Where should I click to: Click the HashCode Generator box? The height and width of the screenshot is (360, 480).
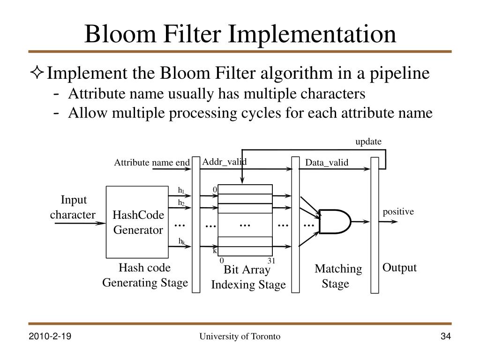pos(138,222)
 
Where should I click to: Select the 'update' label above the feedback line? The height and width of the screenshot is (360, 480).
pos(368,142)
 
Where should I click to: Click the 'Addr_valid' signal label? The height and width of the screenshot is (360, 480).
pos(225,162)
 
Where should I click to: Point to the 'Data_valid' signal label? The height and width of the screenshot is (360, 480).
pos(327,163)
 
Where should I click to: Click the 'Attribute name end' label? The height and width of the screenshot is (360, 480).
pos(152,163)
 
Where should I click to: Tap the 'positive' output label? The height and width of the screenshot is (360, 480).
pos(398,212)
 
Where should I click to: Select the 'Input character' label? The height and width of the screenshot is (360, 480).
pos(73,207)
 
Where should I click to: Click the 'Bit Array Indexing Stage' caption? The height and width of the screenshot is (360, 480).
pos(248,277)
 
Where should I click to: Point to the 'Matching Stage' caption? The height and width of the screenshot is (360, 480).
pos(338,276)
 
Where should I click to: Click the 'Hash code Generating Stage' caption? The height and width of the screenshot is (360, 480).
pos(145,275)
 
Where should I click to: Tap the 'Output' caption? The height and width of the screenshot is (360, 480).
pos(399,268)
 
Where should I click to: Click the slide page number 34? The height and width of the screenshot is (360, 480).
pos(445,337)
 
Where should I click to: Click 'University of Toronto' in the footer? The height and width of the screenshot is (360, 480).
pos(240,337)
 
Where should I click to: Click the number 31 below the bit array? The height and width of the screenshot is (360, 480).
pos(271,261)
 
